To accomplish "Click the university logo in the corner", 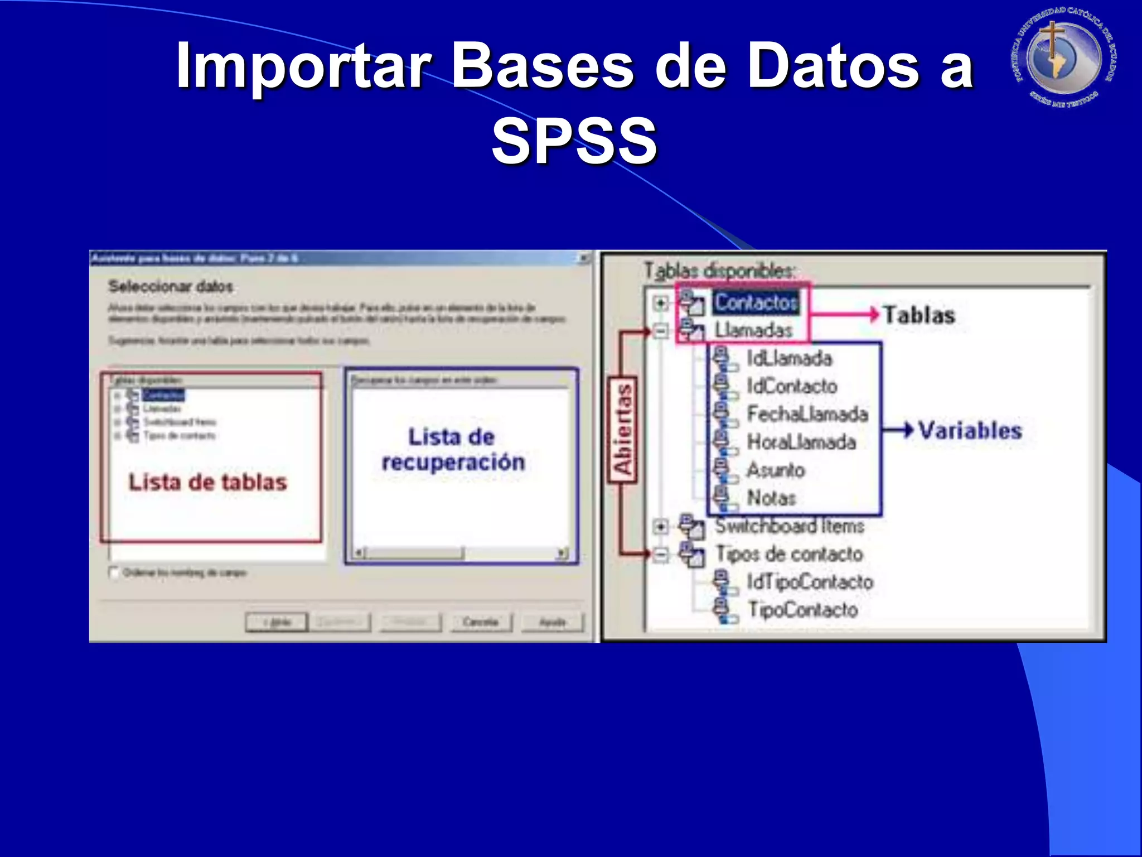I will pyautogui.click(x=1064, y=58).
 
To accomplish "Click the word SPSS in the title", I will pyautogui.click(x=574, y=141).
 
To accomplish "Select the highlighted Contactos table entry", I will pyautogui.click(x=756, y=302).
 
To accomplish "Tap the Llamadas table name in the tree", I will pyautogui.click(x=753, y=330).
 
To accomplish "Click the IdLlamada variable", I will pyautogui.click(x=789, y=358).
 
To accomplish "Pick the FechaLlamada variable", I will pyautogui.click(x=807, y=414).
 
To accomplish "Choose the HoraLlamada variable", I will pyautogui.click(x=801, y=442).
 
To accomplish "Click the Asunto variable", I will pyautogui.click(x=776, y=470).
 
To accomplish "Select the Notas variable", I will pyautogui.click(x=771, y=498).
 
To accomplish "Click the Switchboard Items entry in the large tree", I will pyautogui.click(x=790, y=526).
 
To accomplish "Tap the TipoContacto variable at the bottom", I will pyautogui.click(x=802, y=609).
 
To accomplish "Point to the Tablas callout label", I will pyautogui.click(x=919, y=315).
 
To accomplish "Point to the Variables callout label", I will pyautogui.click(x=970, y=430).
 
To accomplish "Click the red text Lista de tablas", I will pyautogui.click(x=207, y=482).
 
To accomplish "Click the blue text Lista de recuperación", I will pyautogui.click(x=453, y=450).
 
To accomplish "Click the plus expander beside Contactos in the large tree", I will pyautogui.click(x=661, y=303).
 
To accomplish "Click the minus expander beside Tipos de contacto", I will pyautogui.click(x=661, y=555).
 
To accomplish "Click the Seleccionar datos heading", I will pyautogui.click(x=171, y=286).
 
